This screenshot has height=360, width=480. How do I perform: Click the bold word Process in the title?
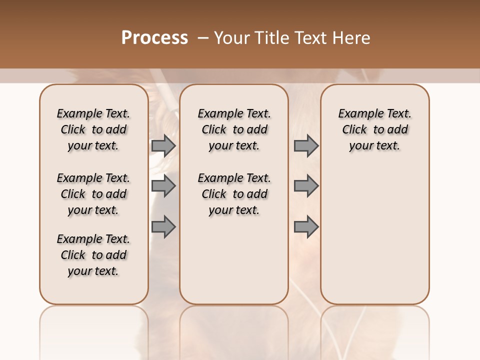pyautogui.click(x=154, y=38)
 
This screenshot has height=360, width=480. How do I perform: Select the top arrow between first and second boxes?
pyautogui.click(x=163, y=145)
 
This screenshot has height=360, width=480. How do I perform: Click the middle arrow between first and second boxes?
pyautogui.click(x=163, y=186)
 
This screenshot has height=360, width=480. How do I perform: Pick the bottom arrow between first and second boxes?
pyautogui.click(x=163, y=226)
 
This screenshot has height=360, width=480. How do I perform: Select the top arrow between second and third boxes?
pyautogui.click(x=306, y=145)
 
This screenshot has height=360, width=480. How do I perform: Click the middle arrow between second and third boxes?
pyautogui.click(x=306, y=186)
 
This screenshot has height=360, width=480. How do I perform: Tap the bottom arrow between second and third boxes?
pyautogui.click(x=306, y=226)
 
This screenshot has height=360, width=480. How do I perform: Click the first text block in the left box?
pyautogui.click(x=93, y=129)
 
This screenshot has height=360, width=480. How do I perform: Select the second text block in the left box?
pyautogui.click(x=93, y=194)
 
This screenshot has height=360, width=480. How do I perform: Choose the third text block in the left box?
pyautogui.click(x=93, y=255)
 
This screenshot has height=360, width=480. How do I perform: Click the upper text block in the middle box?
pyautogui.click(x=234, y=129)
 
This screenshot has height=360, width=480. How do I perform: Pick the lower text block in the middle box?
pyautogui.click(x=234, y=194)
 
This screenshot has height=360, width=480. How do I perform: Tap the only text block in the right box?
pyautogui.click(x=375, y=129)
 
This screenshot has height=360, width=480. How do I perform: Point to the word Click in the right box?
pyautogui.click(x=354, y=130)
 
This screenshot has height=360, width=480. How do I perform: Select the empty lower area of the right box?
pyautogui.click(x=375, y=235)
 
